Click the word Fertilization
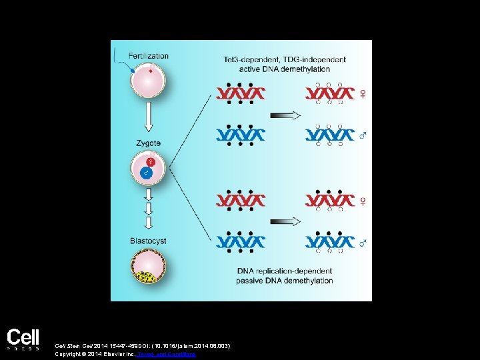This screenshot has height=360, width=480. tap(148, 55)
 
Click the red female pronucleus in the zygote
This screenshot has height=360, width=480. tap(151, 162)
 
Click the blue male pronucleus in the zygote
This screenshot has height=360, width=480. tap(147, 173)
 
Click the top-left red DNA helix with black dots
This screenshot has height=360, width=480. tap(241, 93)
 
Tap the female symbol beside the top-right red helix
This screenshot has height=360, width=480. tap(363, 94)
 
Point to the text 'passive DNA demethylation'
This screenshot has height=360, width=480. tap(285, 281)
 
